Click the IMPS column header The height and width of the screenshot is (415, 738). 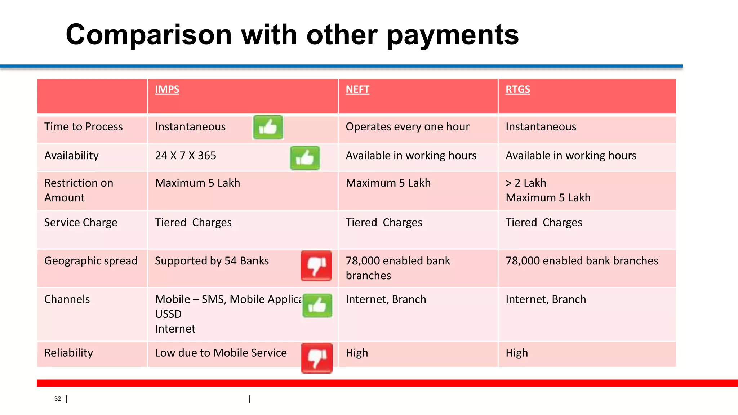(x=167, y=89)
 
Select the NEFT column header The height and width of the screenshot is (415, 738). (x=357, y=89)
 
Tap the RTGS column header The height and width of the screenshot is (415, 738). (x=517, y=89)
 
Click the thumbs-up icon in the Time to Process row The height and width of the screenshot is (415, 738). (x=268, y=127)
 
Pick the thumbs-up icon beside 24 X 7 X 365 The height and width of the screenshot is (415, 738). (x=305, y=158)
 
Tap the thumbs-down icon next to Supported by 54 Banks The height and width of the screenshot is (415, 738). (x=316, y=266)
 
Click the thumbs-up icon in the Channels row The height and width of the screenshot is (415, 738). (x=317, y=305)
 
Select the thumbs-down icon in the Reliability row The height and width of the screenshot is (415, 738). (x=317, y=358)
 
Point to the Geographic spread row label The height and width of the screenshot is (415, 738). (x=91, y=260)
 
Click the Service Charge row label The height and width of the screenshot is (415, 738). (x=81, y=222)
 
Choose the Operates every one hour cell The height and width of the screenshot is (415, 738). (x=407, y=126)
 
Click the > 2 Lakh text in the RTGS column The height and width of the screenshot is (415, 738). (x=526, y=183)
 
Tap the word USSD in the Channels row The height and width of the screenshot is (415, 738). (x=168, y=314)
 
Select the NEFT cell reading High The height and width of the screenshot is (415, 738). (x=357, y=353)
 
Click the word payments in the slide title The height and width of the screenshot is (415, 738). (x=452, y=35)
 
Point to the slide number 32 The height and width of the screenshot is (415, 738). (x=58, y=398)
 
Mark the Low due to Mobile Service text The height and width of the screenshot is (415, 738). (x=221, y=353)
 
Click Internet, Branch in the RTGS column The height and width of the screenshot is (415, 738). (x=546, y=299)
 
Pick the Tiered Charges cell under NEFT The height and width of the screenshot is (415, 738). (x=384, y=222)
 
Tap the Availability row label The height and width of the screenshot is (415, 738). (x=71, y=155)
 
